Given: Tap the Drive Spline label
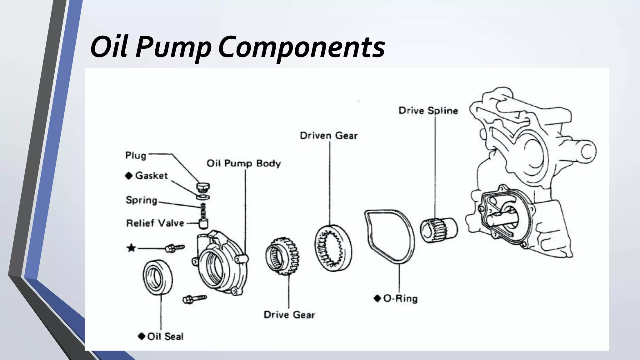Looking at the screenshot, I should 428,111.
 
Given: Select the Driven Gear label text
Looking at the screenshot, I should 328,136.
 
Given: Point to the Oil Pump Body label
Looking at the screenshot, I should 243,163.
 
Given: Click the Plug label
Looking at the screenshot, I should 136,155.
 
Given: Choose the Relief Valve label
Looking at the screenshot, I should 155,223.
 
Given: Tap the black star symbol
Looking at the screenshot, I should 131,248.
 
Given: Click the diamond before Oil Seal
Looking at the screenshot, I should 142,336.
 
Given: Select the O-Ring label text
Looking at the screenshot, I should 400,298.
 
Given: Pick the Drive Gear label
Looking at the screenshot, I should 289,315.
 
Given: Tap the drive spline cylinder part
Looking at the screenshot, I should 438,230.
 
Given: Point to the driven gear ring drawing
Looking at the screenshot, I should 332,248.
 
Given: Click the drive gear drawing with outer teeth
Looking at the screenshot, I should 282,256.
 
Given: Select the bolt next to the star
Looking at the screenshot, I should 174,248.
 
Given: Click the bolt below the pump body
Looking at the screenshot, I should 194,298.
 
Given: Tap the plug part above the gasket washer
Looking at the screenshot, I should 203,187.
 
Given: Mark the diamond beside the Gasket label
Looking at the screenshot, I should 129,176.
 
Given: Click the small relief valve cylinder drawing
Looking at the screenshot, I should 203,223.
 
